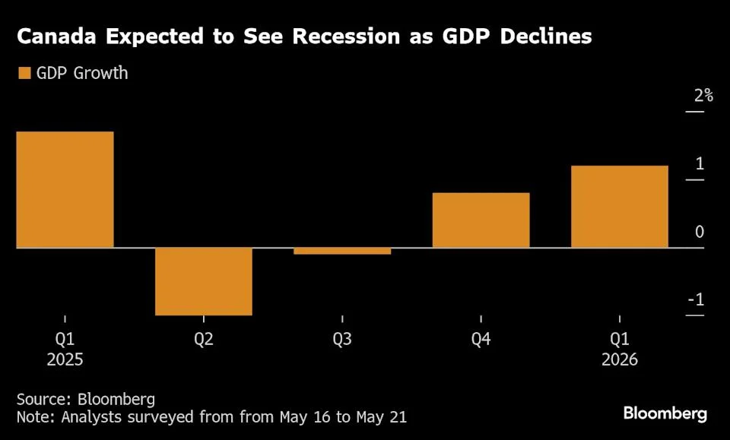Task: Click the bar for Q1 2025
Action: click(65, 189)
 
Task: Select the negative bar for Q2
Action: click(204, 281)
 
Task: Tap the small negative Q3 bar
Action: click(342, 251)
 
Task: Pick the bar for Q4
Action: click(481, 220)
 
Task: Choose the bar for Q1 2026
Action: click(620, 206)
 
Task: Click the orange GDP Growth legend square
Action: click(24, 74)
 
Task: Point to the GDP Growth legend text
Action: click(82, 74)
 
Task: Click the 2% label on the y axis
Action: click(703, 96)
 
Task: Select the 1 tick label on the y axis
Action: click(700, 164)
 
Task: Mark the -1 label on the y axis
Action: click(696, 299)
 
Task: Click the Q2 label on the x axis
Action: click(204, 340)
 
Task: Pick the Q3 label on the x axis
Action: click(342, 340)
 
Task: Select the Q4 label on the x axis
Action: click(481, 340)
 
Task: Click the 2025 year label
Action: click(65, 360)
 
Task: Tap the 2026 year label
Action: click(620, 360)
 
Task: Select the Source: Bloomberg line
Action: click(85, 399)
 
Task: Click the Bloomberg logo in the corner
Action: click(665, 413)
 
